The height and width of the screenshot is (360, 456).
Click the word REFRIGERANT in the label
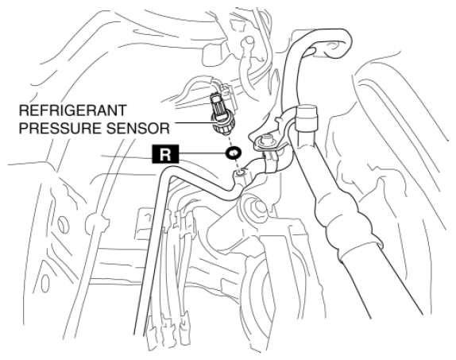click(73, 110)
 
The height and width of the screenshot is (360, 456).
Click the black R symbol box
click(165, 154)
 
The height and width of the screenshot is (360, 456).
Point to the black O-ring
click(234, 153)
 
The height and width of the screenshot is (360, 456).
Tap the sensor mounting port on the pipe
click(241, 173)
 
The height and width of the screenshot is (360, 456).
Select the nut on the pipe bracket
click(265, 140)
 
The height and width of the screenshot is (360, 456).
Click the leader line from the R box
click(203, 153)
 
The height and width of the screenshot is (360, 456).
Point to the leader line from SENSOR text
click(192, 122)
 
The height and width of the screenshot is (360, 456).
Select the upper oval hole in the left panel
click(63, 224)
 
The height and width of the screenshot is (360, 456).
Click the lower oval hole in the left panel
click(45, 282)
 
